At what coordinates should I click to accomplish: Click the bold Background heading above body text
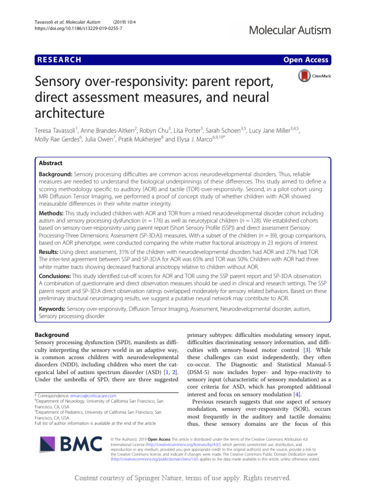tap(56, 335)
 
